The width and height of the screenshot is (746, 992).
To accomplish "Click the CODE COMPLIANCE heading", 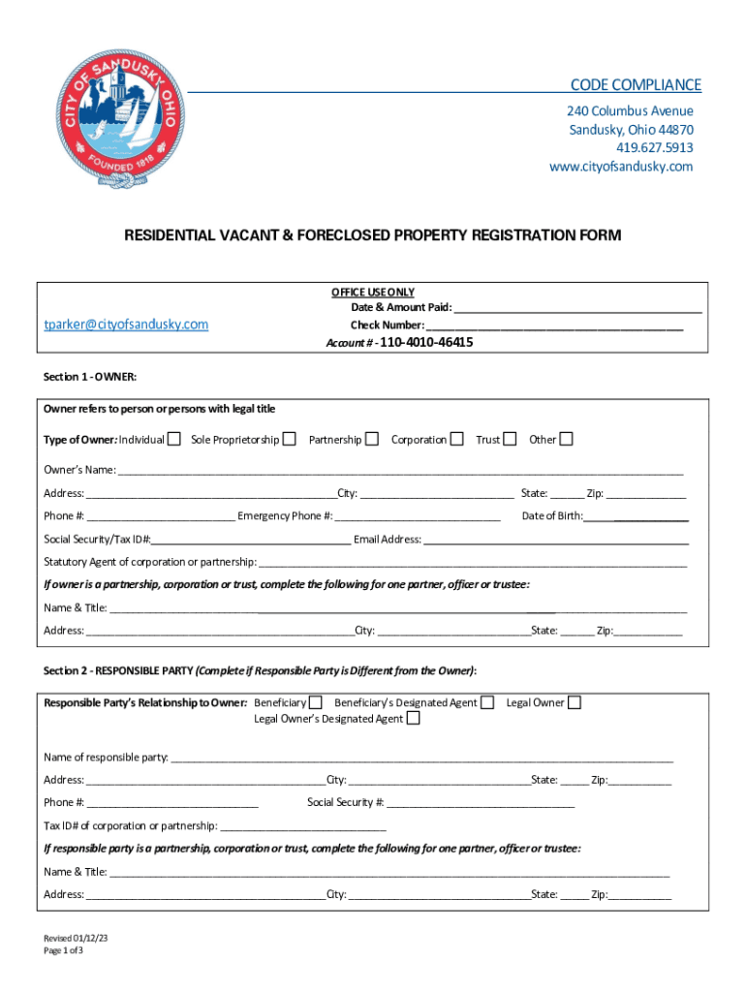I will click(636, 85).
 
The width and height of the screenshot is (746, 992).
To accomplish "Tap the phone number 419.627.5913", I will click(655, 148).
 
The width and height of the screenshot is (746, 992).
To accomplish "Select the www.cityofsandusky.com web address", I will click(621, 167).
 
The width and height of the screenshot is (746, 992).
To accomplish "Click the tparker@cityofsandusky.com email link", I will click(126, 325).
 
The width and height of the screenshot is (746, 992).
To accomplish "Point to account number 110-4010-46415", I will click(427, 342).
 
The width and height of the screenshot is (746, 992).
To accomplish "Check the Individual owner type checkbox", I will click(173, 440).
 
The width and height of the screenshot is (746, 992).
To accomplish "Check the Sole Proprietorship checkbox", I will click(289, 440).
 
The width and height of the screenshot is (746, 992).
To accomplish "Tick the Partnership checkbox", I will click(371, 440).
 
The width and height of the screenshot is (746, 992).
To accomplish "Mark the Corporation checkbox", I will click(456, 440).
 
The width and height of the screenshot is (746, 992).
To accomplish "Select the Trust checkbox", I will click(510, 440).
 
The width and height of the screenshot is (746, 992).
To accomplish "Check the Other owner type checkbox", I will click(566, 440).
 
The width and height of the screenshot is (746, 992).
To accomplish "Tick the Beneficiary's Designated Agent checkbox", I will click(487, 702).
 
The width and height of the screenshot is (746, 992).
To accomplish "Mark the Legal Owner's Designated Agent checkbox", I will click(413, 719).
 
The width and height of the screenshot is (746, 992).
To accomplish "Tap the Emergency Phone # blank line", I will click(418, 516).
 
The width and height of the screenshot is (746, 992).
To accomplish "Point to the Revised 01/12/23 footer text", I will click(75, 938).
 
